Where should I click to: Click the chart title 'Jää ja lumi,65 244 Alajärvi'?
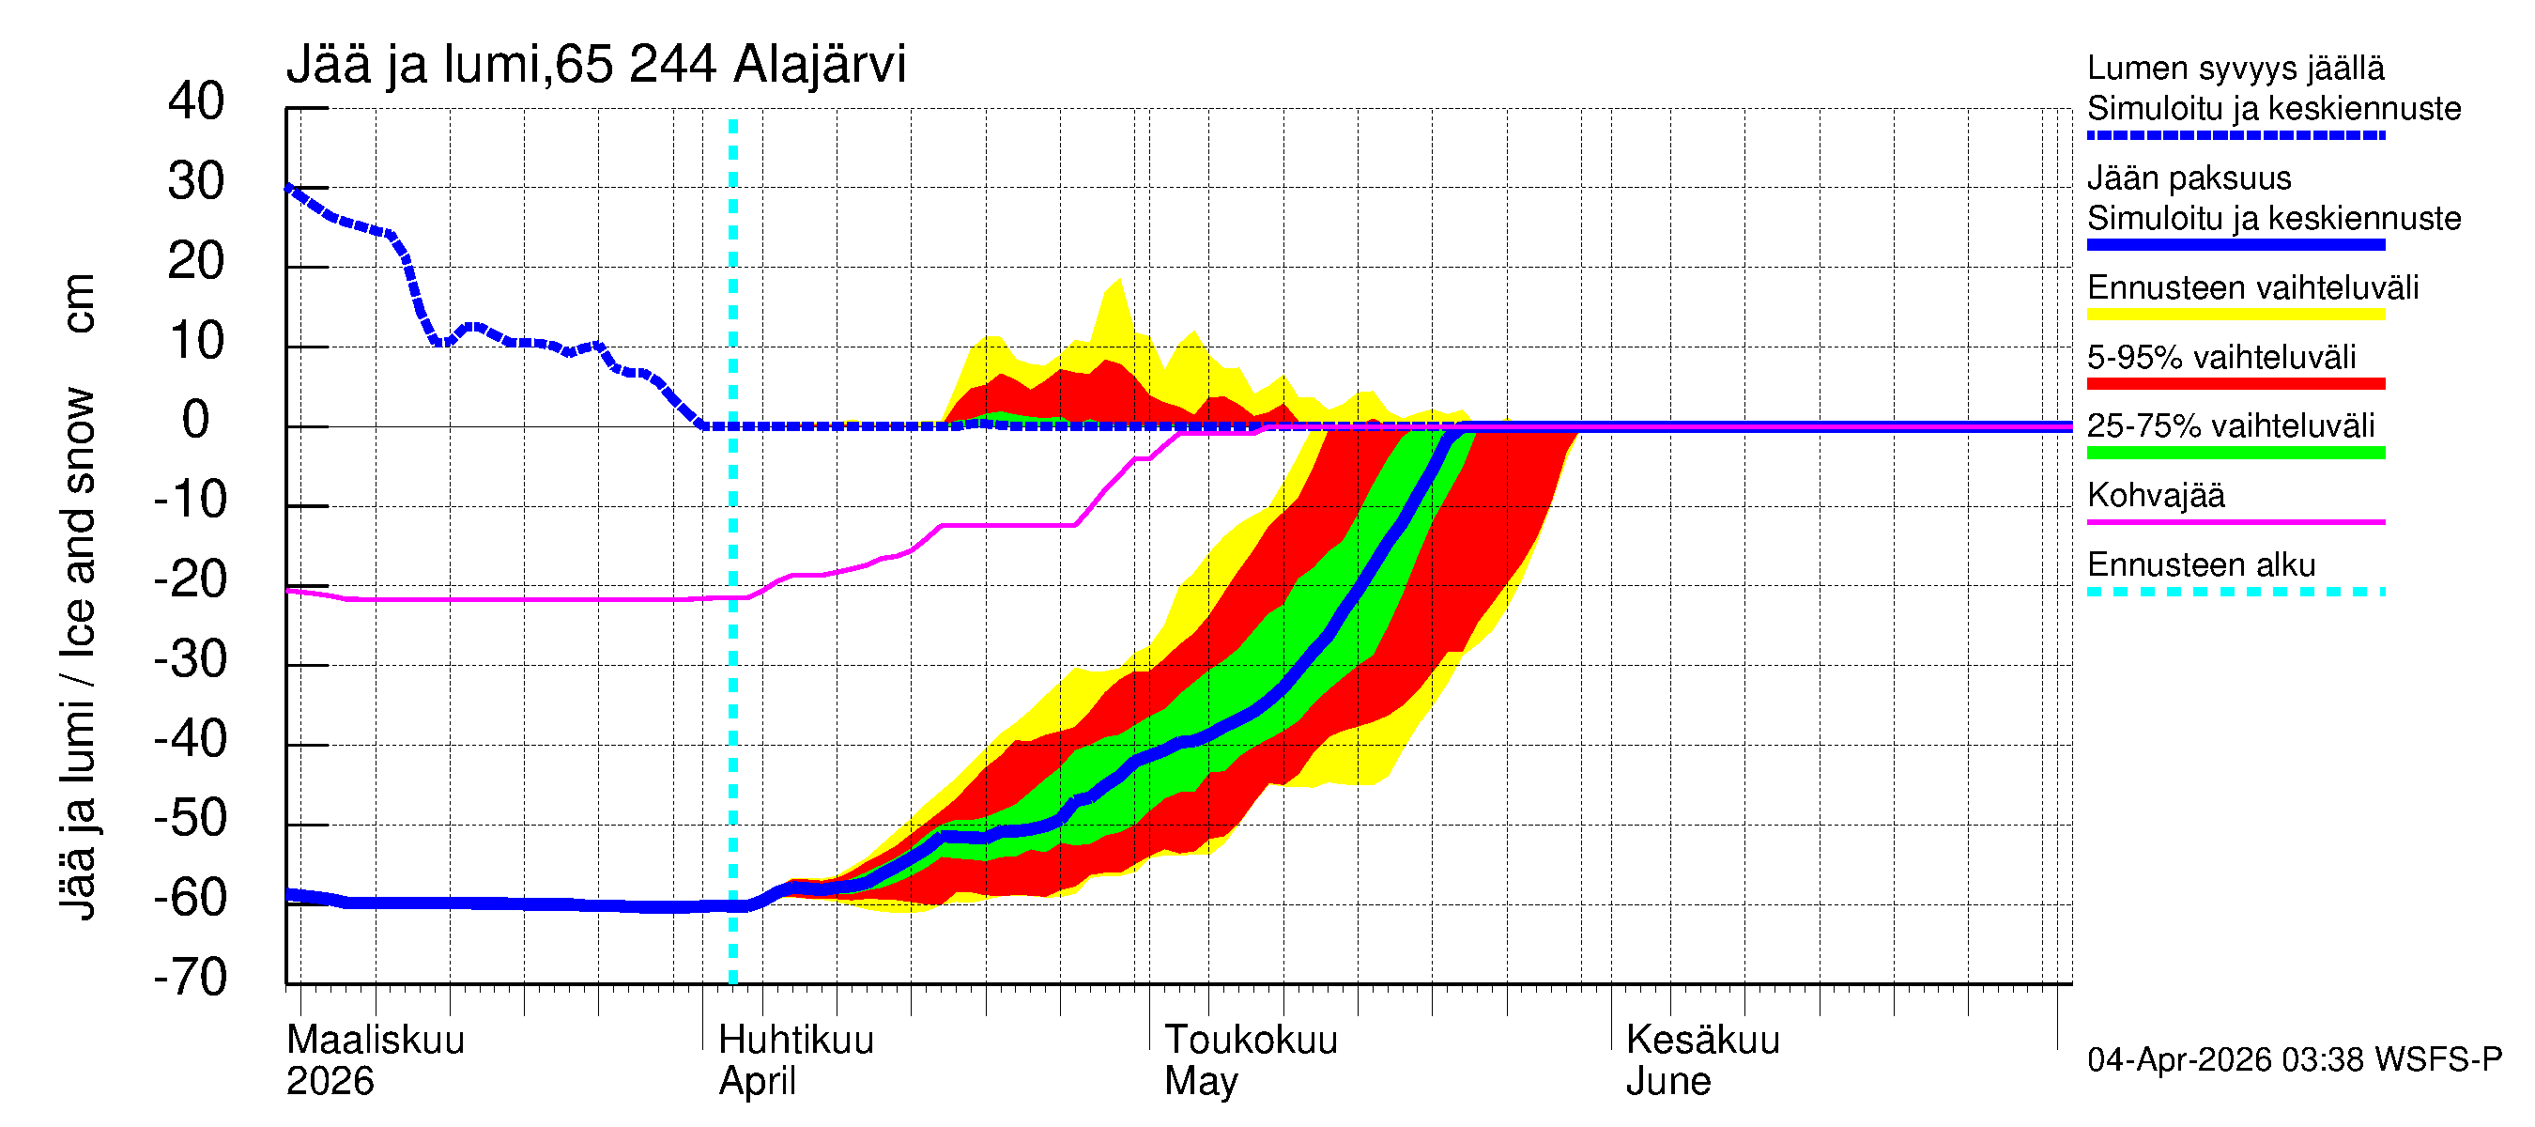coord(595,65)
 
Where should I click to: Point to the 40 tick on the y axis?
coord(196,101)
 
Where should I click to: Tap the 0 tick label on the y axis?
coord(196,421)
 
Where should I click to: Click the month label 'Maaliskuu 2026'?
coord(374,1059)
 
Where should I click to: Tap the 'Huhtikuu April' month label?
coord(795,1059)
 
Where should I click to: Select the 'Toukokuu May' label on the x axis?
coord(1250,1059)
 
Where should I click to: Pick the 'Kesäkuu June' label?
coord(1701,1059)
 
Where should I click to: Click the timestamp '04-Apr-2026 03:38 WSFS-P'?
coord(2293,1059)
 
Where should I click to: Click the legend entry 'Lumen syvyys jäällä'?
coord(2235,68)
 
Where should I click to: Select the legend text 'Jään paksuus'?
coord(2189,178)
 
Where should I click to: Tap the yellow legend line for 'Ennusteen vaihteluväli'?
coord(2235,315)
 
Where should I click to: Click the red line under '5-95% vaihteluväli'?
coord(2235,384)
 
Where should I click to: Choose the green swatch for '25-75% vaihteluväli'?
coord(2235,453)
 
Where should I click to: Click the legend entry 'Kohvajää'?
coord(2155,495)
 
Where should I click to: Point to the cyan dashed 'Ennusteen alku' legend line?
coord(2235,592)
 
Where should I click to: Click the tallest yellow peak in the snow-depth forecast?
coord(1119,282)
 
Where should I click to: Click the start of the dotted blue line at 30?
coord(288,187)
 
